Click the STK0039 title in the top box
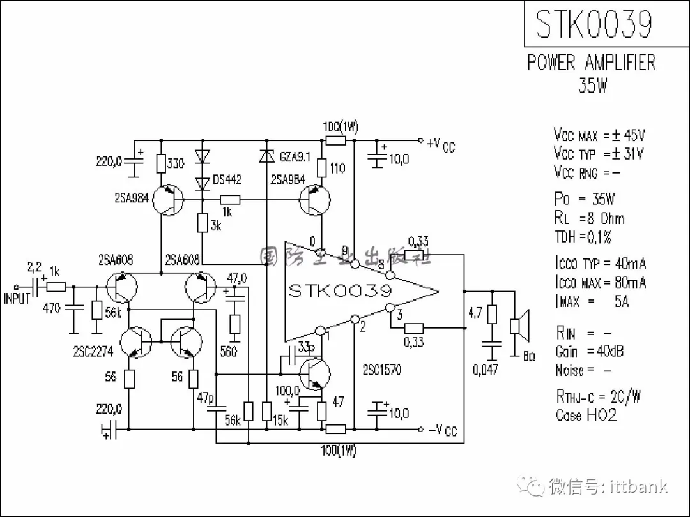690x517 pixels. pyautogui.click(x=594, y=24)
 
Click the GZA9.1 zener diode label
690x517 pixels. pyautogui.click(x=295, y=156)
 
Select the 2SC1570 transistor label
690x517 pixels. pyautogui.click(x=382, y=370)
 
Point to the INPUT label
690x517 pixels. pyautogui.click(x=17, y=298)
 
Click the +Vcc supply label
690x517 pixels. pyautogui.click(x=441, y=145)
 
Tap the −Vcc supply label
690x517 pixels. pyautogui.click(x=443, y=431)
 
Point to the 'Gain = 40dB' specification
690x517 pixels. pyautogui.click(x=589, y=351)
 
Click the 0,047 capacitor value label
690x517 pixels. pyautogui.click(x=486, y=369)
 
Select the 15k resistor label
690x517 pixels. pyautogui.click(x=280, y=421)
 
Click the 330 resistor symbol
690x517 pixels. pyautogui.click(x=161, y=163)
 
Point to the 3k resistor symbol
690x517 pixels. pyautogui.click(x=202, y=223)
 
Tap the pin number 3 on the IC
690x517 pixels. pyautogui.click(x=399, y=314)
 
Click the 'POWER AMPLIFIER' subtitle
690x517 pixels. pyautogui.click(x=591, y=63)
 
